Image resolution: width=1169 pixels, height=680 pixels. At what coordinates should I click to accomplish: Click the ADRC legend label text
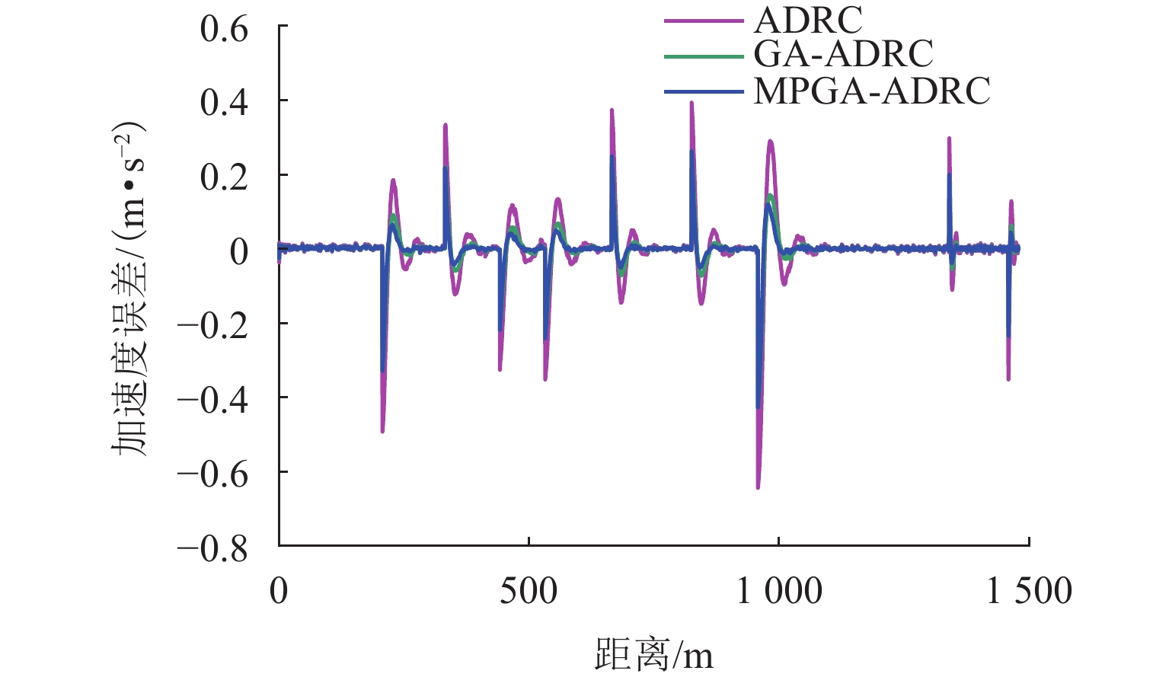pyautogui.click(x=808, y=21)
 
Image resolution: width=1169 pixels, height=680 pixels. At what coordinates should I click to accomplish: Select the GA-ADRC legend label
pyautogui.click(x=843, y=55)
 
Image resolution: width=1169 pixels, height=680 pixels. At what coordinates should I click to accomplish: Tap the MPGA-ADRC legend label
pyautogui.click(x=871, y=91)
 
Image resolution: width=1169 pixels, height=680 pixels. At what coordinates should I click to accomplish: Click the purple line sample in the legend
pyautogui.click(x=703, y=21)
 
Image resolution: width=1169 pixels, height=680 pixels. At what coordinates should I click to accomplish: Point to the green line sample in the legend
pyautogui.click(x=703, y=56)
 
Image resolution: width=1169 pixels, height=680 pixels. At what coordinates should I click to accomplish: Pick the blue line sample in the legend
pyautogui.click(x=703, y=91)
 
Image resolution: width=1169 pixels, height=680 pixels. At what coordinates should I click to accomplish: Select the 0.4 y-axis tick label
pyautogui.click(x=225, y=103)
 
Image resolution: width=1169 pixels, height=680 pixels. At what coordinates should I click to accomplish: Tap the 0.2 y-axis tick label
pyautogui.click(x=225, y=177)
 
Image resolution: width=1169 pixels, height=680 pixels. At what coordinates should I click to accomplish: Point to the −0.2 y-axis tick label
pyautogui.click(x=213, y=326)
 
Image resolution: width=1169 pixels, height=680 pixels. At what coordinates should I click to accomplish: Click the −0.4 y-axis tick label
pyautogui.click(x=213, y=400)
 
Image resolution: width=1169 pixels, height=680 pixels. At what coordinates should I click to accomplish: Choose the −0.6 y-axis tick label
pyautogui.click(x=213, y=474)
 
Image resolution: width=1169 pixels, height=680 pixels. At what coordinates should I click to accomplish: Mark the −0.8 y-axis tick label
pyautogui.click(x=213, y=548)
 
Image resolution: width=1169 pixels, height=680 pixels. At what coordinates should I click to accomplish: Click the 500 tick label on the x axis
pyautogui.click(x=529, y=592)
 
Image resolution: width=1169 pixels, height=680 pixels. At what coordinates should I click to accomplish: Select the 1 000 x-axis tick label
pyautogui.click(x=779, y=592)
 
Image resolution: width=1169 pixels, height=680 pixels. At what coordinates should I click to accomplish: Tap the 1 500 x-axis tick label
pyautogui.click(x=1029, y=592)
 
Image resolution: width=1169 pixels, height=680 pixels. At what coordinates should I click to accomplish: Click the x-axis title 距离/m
pyautogui.click(x=653, y=654)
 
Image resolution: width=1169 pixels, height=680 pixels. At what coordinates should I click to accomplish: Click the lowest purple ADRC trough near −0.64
pyautogui.click(x=758, y=487)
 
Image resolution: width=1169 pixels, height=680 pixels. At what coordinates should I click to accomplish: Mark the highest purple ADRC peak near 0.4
pyautogui.click(x=691, y=104)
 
